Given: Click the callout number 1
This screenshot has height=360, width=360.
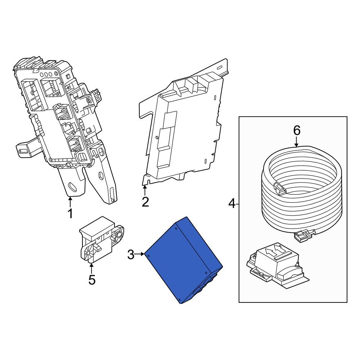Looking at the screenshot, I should pyautogui.click(x=71, y=213).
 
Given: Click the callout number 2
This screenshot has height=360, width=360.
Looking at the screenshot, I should pyautogui.click(x=145, y=202).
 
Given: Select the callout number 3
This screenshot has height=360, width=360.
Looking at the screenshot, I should pyautogui.click(x=131, y=255).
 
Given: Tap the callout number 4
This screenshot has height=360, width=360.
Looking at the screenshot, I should pyautogui.click(x=232, y=204).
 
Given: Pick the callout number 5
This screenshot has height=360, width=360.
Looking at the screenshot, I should pyautogui.click(x=92, y=280).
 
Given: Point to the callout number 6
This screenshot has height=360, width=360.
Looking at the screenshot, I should pyautogui.click(x=296, y=131).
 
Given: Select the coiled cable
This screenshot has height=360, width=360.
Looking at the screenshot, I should pyautogui.click(x=301, y=191).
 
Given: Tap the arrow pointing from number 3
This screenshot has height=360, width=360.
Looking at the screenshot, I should pyautogui.click(x=140, y=255).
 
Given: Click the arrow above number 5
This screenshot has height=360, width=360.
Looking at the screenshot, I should pyautogui.click(x=91, y=268).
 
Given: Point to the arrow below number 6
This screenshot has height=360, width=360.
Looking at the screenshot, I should pyautogui.click(x=296, y=143).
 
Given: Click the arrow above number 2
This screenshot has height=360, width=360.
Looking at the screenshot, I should pyautogui.click(x=145, y=190).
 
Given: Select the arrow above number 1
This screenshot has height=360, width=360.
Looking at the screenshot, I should pyautogui.click(x=71, y=201).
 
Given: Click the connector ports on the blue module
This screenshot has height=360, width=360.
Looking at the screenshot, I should pyautogui.click(x=205, y=284).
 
